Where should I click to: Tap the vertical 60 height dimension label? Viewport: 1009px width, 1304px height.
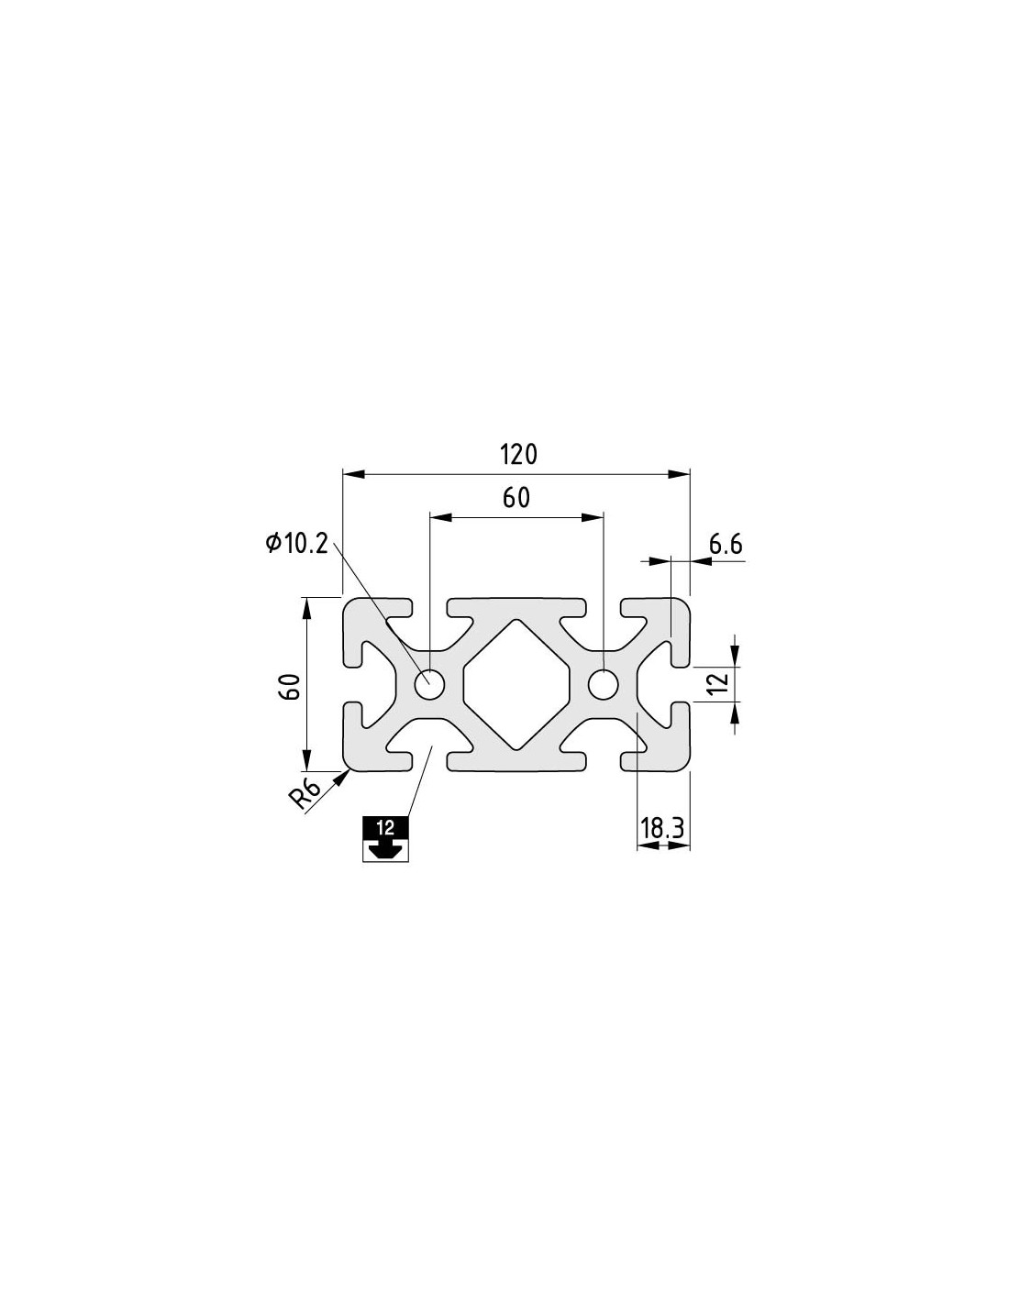(291, 686)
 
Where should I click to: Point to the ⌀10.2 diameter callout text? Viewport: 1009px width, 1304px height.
(296, 544)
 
